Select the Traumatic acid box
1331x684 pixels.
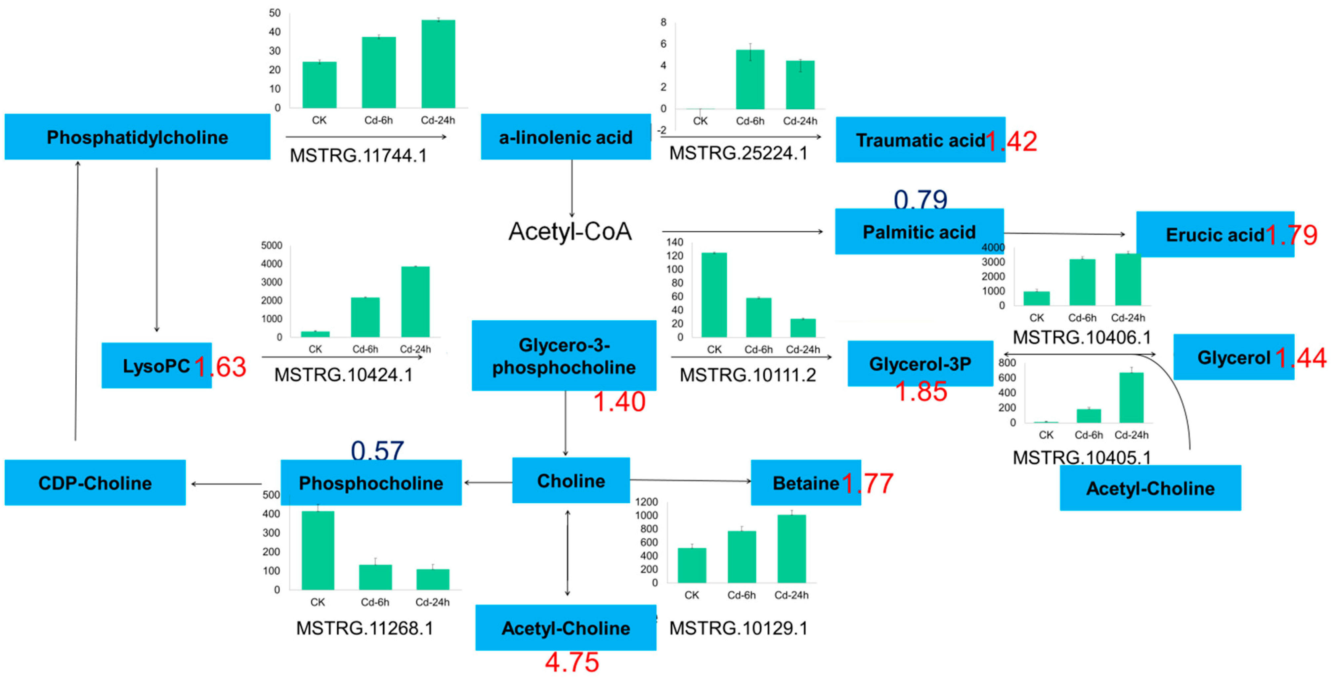pyautogui.click(x=920, y=140)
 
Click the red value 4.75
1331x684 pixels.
pyautogui.click(x=572, y=662)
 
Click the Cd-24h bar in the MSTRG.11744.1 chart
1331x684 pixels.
pyautogui.click(x=438, y=64)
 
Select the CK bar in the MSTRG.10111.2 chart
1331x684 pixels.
pyautogui.click(x=714, y=295)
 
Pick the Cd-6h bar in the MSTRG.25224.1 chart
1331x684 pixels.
pyautogui.click(x=750, y=80)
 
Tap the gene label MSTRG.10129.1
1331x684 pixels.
pyautogui.click(x=738, y=628)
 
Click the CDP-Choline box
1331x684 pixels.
pyautogui.click(x=95, y=483)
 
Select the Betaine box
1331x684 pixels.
pyautogui.click(x=805, y=483)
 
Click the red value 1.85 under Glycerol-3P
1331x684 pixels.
pyautogui.click(x=921, y=391)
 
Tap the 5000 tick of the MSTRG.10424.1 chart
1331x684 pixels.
pyautogui.click(x=272, y=246)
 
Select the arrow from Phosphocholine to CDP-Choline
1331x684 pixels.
pyautogui.click(x=226, y=484)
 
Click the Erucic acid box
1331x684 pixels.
pyautogui.click(x=1214, y=235)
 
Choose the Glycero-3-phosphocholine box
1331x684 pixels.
pyautogui.click(x=564, y=356)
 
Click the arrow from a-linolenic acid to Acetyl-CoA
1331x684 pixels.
pyautogui.click(x=572, y=188)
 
